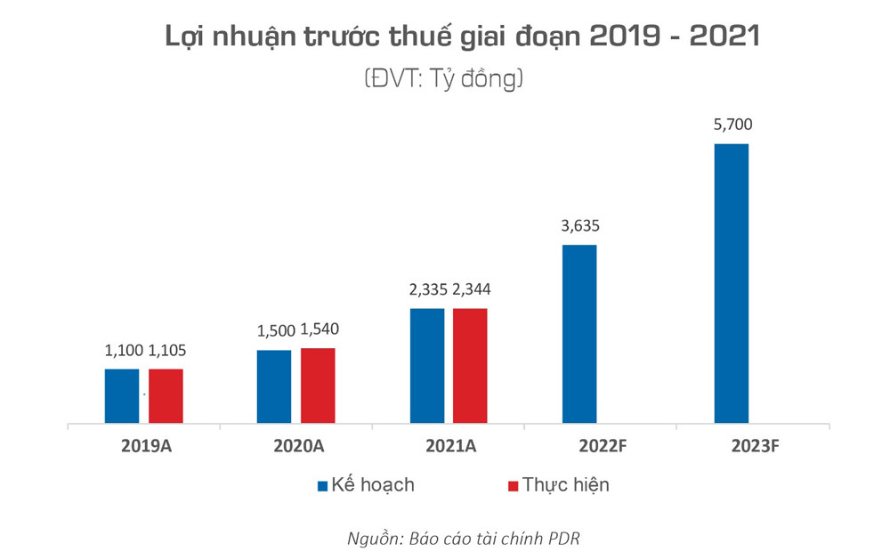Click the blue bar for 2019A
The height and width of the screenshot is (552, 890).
point(122,396)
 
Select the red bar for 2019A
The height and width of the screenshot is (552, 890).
point(166,396)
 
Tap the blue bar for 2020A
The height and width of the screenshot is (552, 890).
point(274,387)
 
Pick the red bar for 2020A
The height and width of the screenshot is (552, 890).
point(318,386)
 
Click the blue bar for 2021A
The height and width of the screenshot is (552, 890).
point(427,366)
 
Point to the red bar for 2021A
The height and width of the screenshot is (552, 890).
point(470,366)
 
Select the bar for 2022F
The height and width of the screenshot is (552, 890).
point(579,335)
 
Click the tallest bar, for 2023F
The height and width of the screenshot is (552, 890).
point(732,284)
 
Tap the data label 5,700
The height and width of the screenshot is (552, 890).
point(732,126)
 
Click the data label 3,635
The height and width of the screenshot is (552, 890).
point(579,226)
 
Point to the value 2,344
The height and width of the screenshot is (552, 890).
point(471,289)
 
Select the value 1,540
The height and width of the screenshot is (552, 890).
point(319,329)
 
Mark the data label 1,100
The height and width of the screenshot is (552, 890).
point(122,351)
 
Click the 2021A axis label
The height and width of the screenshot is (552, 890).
point(449,447)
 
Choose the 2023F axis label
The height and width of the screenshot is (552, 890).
point(753,447)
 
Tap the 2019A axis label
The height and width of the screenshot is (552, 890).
point(144,447)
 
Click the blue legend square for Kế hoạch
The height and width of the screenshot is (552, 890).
point(322,486)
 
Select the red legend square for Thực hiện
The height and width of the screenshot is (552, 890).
point(512,486)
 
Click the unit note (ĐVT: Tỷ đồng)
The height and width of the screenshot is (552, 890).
point(442,78)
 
